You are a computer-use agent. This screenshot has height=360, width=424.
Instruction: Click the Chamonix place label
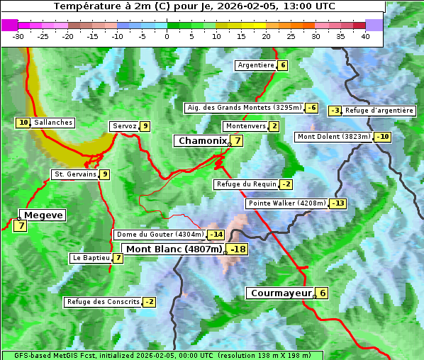tap(202, 141)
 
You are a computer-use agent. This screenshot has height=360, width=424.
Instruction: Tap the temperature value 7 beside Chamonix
tap(238, 141)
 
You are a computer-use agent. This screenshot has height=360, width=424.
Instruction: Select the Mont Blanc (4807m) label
tap(174, 249)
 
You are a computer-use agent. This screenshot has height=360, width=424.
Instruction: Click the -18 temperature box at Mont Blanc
tap(238, 249)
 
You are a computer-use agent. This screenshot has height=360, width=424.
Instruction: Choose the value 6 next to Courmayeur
tap(322, 293)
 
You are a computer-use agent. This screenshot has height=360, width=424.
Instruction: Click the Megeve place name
tap(44, 215)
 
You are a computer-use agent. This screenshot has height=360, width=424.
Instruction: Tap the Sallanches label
tap(53, 123)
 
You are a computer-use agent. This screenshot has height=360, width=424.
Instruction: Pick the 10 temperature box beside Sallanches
tap(23, 123)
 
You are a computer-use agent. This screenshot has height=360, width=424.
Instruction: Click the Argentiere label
tap(256, 65)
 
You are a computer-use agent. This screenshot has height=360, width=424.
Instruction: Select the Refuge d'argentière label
tap(379, 111)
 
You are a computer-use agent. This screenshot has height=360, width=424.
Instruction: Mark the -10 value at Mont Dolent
tap(383, 137)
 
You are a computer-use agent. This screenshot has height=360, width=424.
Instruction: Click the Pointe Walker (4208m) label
tap(286, 203)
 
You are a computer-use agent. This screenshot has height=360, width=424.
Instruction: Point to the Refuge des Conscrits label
tap(104, 302)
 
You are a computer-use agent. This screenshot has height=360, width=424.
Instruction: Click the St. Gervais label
tap(74, 174)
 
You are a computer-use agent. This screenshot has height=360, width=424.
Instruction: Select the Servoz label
tap(124, 126)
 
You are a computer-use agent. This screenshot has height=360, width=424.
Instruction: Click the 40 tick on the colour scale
tap(365, 36)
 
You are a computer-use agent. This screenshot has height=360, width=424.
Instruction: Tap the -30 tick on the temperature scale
tap(18, 36)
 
